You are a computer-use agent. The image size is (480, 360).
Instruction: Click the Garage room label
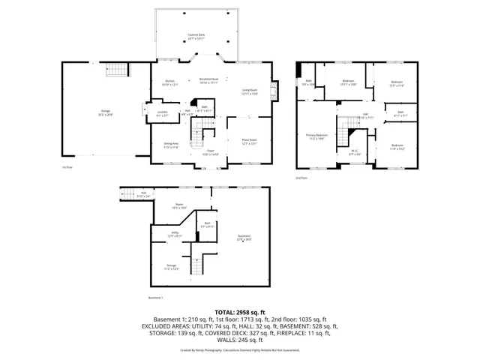(106, 113)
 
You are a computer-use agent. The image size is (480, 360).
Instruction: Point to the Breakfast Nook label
(208, 81)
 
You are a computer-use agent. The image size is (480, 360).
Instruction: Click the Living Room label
(250, 92)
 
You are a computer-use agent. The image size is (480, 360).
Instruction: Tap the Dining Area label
(171, 145)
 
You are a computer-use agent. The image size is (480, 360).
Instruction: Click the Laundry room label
(162, 114)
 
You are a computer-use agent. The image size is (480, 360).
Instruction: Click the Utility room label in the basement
(174, 234)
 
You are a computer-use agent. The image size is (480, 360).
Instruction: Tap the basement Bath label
(208, 224)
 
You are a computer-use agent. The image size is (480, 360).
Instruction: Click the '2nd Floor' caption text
(301, 178)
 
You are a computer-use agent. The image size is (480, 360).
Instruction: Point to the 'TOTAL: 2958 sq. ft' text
(239, 311)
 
